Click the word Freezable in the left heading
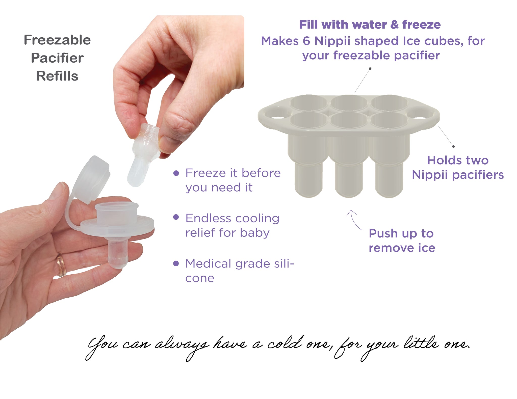tap(57, 40)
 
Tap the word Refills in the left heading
tap(57, 76)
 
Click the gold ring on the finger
tap(61, 265)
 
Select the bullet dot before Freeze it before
tap(176, 173)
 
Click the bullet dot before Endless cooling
tap(176, 217)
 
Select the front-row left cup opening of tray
tap(308, 120)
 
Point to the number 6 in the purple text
tap(306, 41)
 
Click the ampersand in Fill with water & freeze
tap(394, 25)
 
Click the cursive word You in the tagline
tap(101, 346)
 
